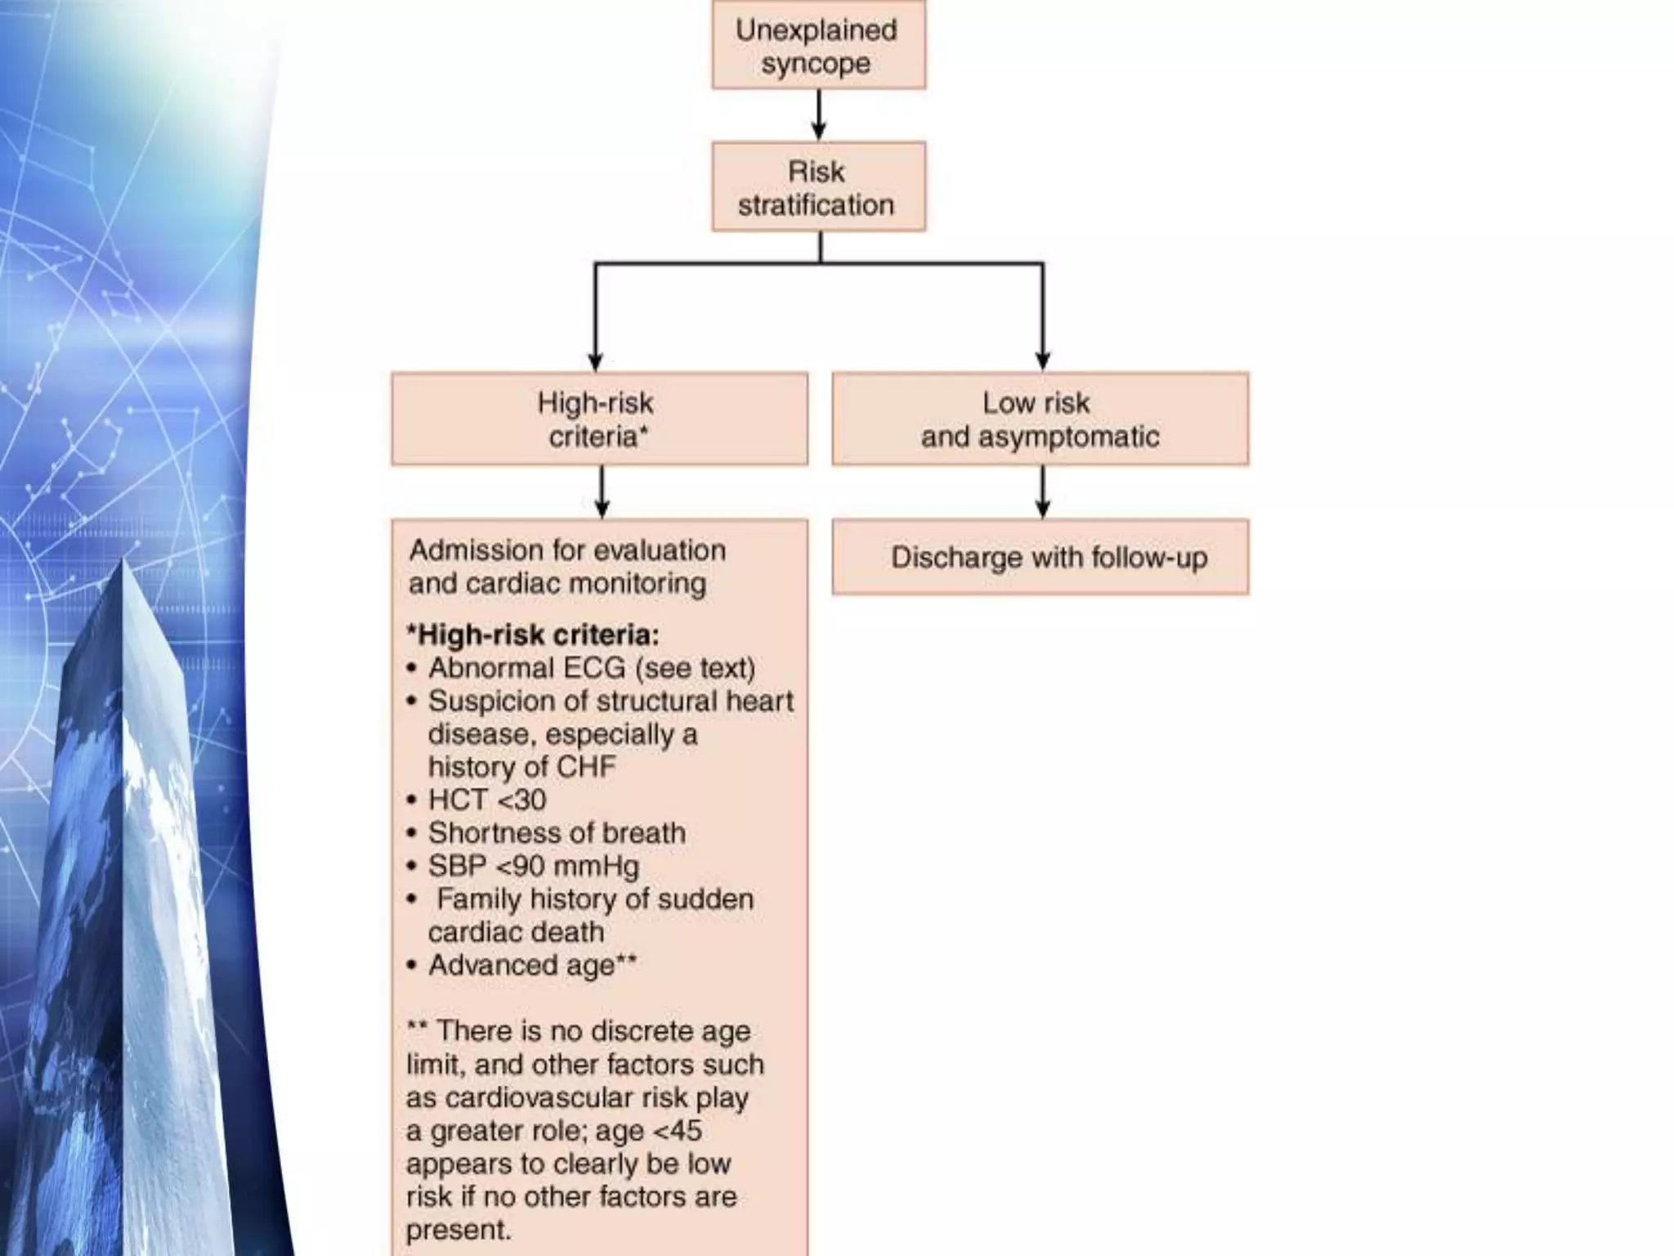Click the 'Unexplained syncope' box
point(818,45)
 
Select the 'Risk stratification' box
point(818,186)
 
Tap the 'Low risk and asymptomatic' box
point(1040,419)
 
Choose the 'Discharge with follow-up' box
point(1040,557)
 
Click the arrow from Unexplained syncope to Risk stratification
point(819,114)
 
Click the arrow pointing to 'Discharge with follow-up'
point(1042,492)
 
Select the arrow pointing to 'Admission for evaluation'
point(602,492)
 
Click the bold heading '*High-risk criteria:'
point(533,635)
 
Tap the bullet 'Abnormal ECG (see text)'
point(591,668)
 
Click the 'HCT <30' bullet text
point(487,800)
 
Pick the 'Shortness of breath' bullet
point(557,833)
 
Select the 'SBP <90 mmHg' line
point(533,866)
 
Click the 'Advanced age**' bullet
point(532,966)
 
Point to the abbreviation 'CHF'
point(585,767)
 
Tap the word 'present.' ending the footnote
point(459,1230)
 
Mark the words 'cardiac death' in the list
point(516,932)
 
